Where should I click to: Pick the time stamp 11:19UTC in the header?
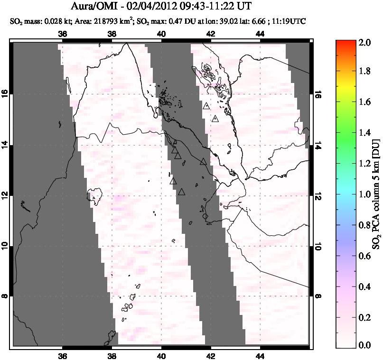pyautogui.click(x=290, y=21)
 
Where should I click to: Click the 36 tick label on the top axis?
pyautogui.click(x=62, y=34)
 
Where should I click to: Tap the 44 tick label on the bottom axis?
pyautogui.click(x=260, y=357)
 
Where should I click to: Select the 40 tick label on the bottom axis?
pyautogui.click(x=161, y=357)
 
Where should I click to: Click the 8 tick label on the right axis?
pyautogui.click(x=317, y=296)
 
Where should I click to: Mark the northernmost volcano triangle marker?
pyautogui.click(x=206, y=106)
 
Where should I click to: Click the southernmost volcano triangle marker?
pyautogui.click(x=182, y=192)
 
